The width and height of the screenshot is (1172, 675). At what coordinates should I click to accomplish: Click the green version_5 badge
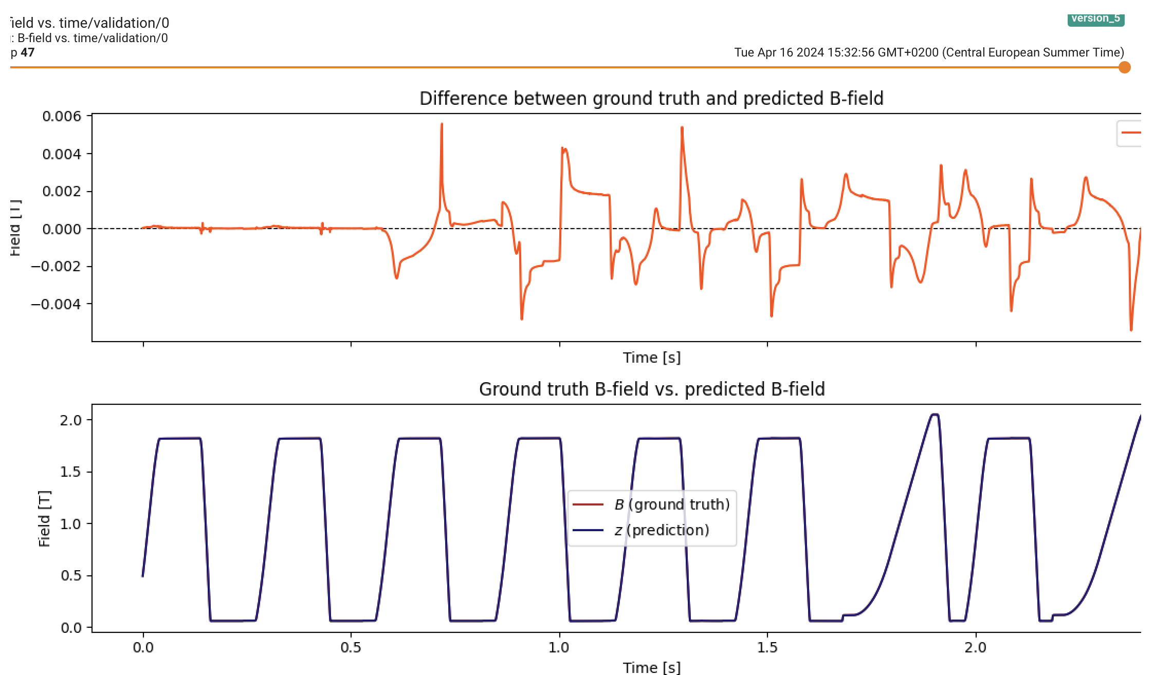[x=1095, y=18]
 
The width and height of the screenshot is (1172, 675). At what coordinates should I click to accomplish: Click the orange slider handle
[x=1124, y=67]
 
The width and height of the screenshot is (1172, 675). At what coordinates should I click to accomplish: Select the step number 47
[x=27, y=52]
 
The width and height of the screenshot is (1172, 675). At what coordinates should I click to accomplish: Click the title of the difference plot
[x=651, y=98]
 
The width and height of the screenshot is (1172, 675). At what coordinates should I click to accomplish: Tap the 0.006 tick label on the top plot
[x=62, y=116]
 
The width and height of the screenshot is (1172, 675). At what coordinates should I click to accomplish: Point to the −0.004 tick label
[x=56, y=304]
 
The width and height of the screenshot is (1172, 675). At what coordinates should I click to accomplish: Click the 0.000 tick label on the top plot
[x=62, y=229]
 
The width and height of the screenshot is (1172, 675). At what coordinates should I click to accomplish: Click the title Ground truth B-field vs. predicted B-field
[x=651, y=389]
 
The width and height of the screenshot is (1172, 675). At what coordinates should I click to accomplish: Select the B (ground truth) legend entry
[x=671, y=504]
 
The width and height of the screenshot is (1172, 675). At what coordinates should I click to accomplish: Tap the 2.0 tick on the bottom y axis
[x=70, y=420]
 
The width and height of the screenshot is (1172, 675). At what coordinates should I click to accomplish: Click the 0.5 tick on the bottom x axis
[x=351, y=647]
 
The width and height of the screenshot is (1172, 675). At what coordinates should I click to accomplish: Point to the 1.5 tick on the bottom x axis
[x=767, y=647]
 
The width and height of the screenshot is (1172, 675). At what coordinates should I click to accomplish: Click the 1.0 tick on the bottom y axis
[x=70, y=524]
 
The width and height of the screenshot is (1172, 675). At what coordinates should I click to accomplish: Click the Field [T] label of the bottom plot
[x=44, y=519]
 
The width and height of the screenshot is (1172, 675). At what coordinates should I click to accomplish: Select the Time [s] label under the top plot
[x=651, y=358]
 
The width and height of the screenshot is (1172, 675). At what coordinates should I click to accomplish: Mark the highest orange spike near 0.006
[x=442, y=124]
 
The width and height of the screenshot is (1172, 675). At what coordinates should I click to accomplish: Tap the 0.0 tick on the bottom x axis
[x=143, y=647]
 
